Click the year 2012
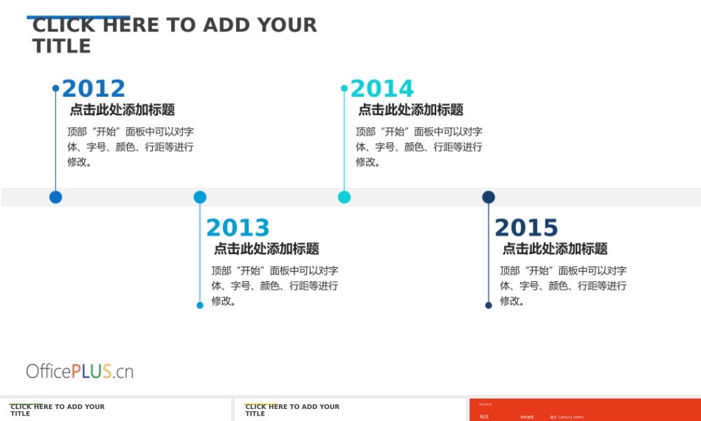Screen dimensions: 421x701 (x=93, y=89)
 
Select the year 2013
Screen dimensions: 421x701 (x=238, y=228)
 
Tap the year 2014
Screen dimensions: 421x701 (x=382, y=89)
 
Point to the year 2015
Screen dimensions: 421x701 (x=526, y=228)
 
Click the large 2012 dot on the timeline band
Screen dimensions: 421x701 (x=55, y=197)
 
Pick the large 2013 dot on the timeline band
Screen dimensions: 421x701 (x=200, y=197)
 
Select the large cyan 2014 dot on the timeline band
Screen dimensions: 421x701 (x=344, y=197)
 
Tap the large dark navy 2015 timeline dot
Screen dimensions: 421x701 (x=489, y=197)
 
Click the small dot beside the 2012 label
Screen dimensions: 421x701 (x=55, y=88)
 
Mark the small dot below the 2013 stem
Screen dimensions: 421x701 (x=200, y=305)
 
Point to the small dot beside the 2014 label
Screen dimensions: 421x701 (x=344, y=88)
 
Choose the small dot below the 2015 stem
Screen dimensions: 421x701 (x=489, y=305)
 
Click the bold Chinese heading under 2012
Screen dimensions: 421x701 (x=122, y=110)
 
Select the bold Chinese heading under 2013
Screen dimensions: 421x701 (x=266, y=249)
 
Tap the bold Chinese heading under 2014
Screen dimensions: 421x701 (x=411, y=110)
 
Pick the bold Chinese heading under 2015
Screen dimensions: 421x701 (x=555, y=249)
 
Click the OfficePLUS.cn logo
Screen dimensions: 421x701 (x=79, y=371)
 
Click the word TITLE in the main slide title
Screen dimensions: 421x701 (x=62, y=46)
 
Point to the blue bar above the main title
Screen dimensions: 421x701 (x=79, y=17)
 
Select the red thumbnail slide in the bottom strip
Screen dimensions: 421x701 (x=585, y=410)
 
